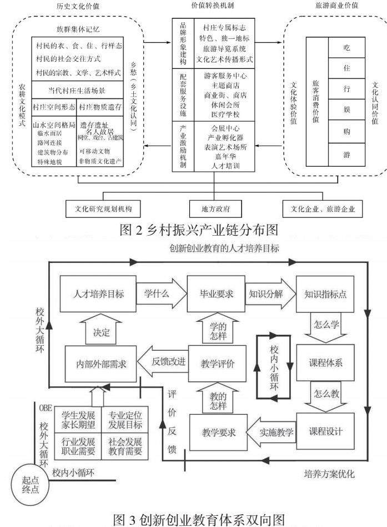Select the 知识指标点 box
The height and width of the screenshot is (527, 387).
pos(325,294)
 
